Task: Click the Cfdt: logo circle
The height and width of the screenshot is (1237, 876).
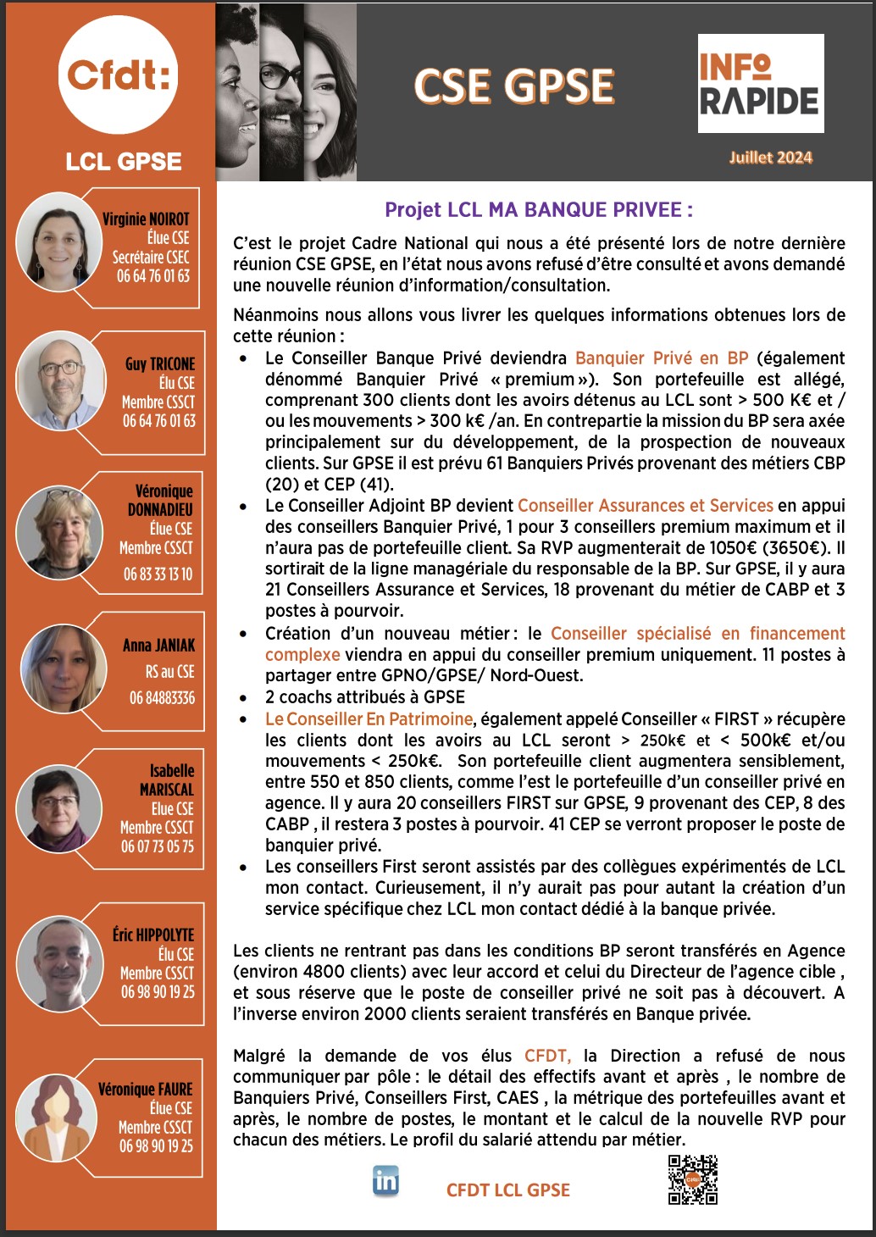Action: [119, 75]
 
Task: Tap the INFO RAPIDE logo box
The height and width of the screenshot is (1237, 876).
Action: [760, 83]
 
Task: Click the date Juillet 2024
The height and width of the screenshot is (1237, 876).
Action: [770, 157]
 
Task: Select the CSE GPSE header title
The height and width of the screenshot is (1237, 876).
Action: [514, 86]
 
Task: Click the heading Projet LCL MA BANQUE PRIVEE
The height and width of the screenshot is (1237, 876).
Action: [539, 210]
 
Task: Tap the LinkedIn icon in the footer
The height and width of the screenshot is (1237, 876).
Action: [385, 1180]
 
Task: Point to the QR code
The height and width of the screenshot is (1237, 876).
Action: [692, 1179]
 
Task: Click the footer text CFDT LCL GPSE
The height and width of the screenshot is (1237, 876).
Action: [507, 1190]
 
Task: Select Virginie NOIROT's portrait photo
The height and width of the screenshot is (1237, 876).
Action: [59, 246]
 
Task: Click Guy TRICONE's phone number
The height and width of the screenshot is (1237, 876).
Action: [158, 421]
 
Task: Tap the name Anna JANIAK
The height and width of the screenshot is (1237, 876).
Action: [158, 646]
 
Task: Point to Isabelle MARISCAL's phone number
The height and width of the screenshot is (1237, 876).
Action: [157, 846]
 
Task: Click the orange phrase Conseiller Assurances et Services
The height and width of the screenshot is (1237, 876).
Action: [645, 506]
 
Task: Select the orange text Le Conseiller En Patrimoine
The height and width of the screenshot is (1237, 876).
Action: [369, 719]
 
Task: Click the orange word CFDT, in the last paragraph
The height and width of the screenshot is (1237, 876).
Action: [547, 1056]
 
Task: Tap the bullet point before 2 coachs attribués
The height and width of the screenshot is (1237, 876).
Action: [244, 697]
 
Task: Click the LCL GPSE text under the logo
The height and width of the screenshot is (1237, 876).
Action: [124, 162]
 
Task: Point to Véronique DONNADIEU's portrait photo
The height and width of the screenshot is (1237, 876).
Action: [60, 530]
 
